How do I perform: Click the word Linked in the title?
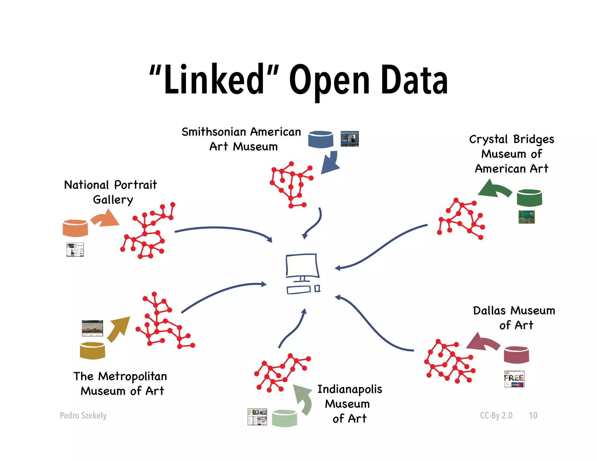point(214,79)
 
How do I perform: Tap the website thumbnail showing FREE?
point(514,379)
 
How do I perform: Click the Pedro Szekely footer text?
point(83,415)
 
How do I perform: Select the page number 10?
point(533,415)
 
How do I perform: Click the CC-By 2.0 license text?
point(496,415)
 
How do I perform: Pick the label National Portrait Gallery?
point(111,192)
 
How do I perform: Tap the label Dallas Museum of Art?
point(514,318)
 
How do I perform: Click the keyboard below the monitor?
point(298,290)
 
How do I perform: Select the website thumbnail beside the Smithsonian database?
point(350,139)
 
